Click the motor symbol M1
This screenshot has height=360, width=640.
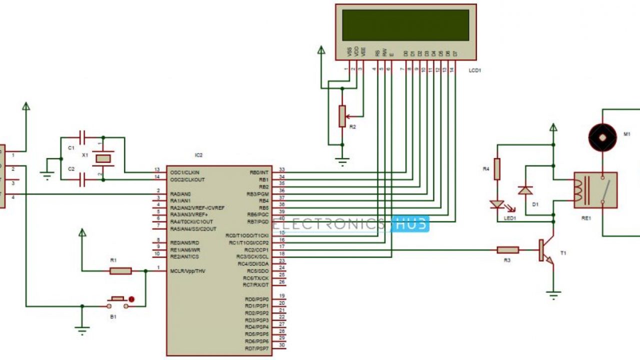click(x=602, y=136)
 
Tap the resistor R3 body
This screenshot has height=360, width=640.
click(x=507, y=249)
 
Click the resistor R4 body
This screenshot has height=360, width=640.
click(x=497, y=169)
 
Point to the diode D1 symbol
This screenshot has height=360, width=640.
click(x=525, y=190)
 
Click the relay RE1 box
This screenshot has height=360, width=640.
click(x=595, y=190)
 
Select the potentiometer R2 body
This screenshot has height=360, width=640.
click(x=342, y=116)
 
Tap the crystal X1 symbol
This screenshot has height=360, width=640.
click(x=103, y=158)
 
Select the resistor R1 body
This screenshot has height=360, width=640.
click(x=120, y=271)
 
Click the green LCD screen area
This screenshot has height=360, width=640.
click(x=405, y=25)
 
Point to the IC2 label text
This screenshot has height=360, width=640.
click(x=199, y=155)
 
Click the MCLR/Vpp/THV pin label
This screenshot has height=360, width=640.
click(x=187, y=271)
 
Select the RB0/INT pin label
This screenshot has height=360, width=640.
click(x=259, y=172)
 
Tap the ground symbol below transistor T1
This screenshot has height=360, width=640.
click(x=553, y=295)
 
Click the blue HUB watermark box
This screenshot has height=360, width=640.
click(x=410, y=224)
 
